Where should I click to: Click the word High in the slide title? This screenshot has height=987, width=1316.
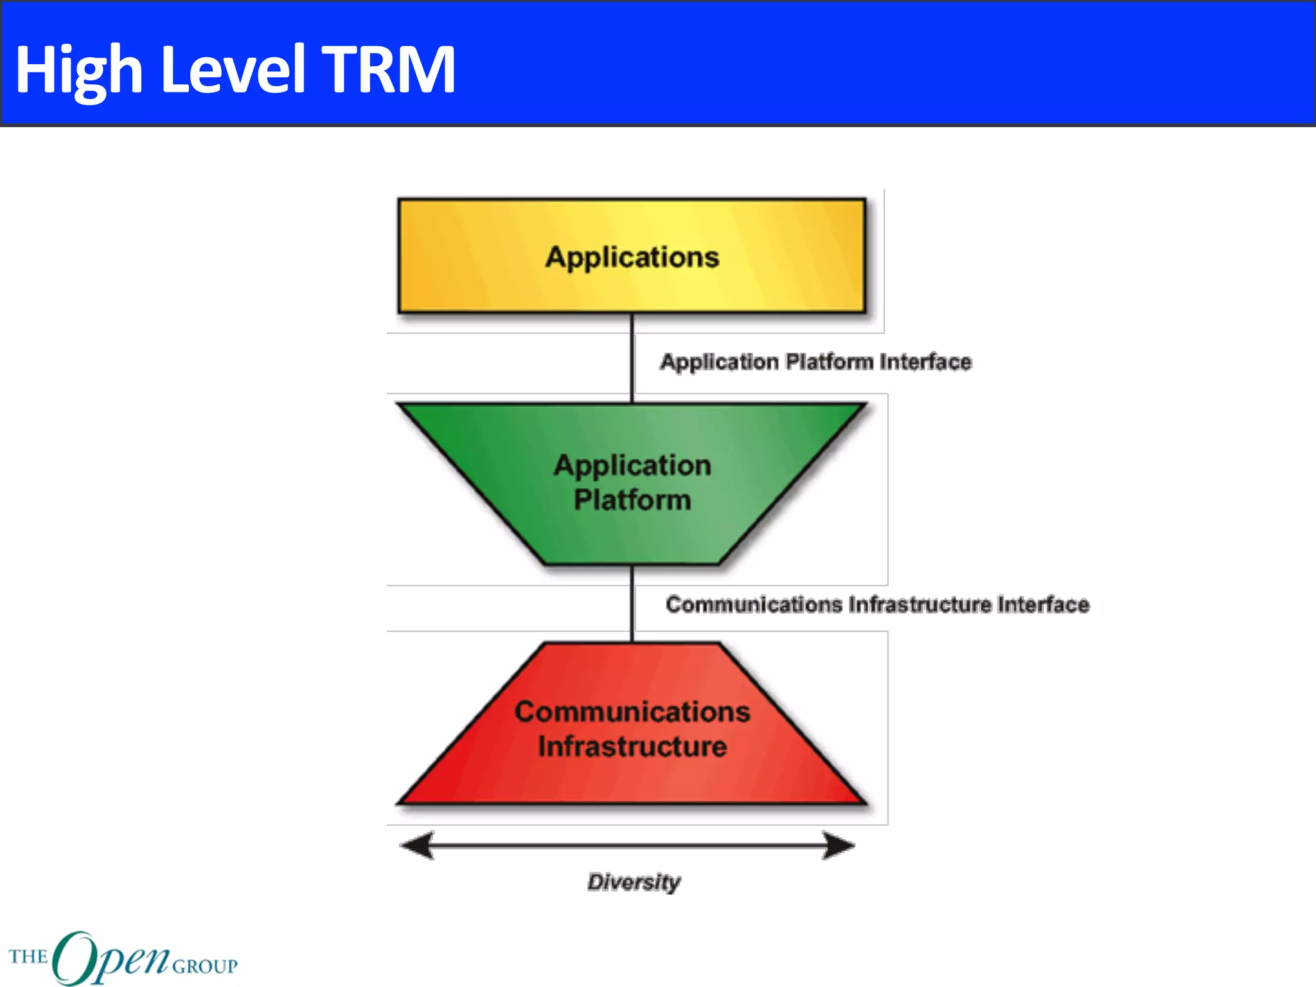pyautogui.click(x=78, y=69)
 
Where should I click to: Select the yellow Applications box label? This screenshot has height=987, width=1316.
pyautogui.click(x=632, y=257)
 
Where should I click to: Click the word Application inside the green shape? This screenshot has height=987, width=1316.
pyautogui.click(x=632, y=465)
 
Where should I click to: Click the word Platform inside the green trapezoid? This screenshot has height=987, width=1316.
pyautogui.click(x=632, y=500)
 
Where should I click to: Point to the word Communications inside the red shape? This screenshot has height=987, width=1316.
pyautogui.click(x=632, y=712)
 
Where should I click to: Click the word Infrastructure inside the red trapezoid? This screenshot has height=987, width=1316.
pyautogui.click(x=632, y=747)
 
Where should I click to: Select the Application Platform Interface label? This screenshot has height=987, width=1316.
pyautogui.click(x=815, y=362)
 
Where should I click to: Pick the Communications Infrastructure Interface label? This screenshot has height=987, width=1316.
pyautogui.click(x=877, y=605)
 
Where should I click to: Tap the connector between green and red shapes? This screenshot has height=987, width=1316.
pyautogui.click(x=632, y=603)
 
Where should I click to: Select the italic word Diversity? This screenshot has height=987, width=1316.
pyautogui.click(x=634, y=882)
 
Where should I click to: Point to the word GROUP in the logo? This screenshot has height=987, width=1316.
pyautogui.click(x=205, y=966)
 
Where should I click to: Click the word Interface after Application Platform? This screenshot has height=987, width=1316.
pyautogui.click(x=925, y=362)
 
